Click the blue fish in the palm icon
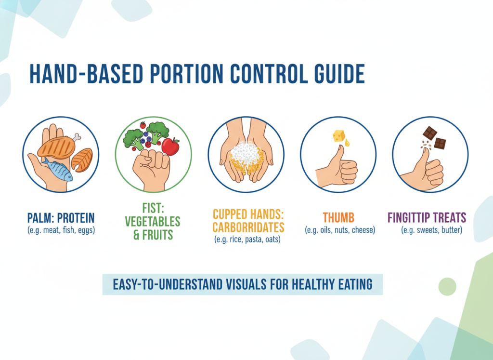point(58,169)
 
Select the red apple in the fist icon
point(170,146)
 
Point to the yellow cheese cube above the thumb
point(339,136)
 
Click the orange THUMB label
point(339,218)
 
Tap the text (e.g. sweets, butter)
point(431,230)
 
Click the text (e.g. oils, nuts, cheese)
point(339,230)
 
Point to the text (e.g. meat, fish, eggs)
point(61,230)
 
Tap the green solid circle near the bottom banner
point(447,286)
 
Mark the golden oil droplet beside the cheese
point(347,143)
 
